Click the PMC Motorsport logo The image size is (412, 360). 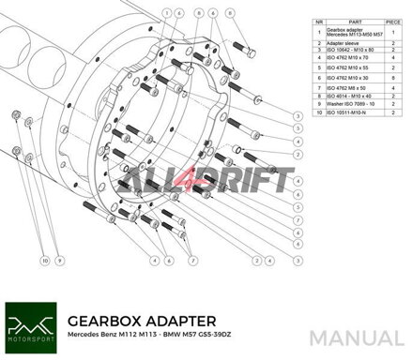(x=30, y=324)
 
